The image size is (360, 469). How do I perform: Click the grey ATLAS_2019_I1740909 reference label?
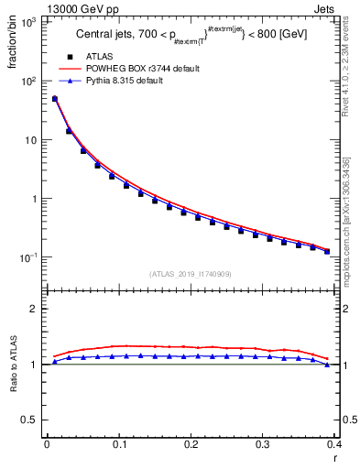(191, 274)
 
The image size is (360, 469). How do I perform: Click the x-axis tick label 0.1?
(119, 444)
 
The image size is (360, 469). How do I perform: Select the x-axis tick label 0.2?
(191, 444)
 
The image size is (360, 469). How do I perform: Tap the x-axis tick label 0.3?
(263, 444)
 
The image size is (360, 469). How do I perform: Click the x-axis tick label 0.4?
(333, 444)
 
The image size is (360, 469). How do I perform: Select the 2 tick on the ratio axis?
(35, 309)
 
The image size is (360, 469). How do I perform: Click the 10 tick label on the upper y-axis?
(30, 140)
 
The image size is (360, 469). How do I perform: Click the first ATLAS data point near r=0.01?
(54, 99)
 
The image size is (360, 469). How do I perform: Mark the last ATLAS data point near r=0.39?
(327, 251)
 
